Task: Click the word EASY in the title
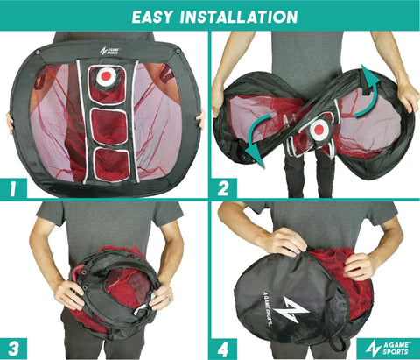pyautogui.click(x=151, y=17)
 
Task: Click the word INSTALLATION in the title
pyautogui.click(x=239, y=17)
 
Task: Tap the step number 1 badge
pyautogui.click(x=13, y=188)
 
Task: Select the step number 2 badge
pyautogui.click(x=223, y=188)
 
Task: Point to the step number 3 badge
pyautogui.click(x=13, y=349)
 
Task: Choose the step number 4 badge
pyautogui.click(x=223, y=349)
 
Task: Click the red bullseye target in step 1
pyautogui.click(x=106, y=76)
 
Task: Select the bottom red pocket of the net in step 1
pyautogui.click(x=111, y=166)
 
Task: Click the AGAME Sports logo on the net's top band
pyautogui.click(x=109, y=51)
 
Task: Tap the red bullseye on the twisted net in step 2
pyautogui.click(x=319, y=129)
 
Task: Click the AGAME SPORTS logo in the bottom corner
pyautogui.click(x=388, y=348)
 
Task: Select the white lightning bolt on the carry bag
pyautogui.click(x=294, y=310)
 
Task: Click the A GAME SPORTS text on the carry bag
pyautogui.click(x=268, y=308)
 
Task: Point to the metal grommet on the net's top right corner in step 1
pyautogui.click(x=178, y=52)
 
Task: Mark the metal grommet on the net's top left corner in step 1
pyautogui.click(x=38, y=53)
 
